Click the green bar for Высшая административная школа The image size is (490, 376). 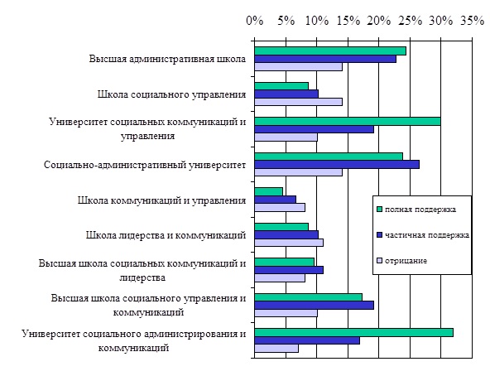330,51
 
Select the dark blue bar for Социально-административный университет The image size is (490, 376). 337,165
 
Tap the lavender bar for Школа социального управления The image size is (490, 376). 299,102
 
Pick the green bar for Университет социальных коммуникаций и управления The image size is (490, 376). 348,122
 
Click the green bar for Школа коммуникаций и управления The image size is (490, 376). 269,192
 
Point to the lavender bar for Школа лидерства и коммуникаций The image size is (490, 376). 289,243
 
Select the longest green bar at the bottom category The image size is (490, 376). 354,333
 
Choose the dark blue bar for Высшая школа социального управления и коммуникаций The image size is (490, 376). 315,306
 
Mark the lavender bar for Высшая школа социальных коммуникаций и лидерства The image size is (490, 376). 280,278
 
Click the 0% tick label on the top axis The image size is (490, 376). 255,21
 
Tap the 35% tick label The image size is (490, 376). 472,21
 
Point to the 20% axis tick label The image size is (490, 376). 379,21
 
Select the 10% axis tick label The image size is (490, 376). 317,21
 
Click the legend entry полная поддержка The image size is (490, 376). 416,210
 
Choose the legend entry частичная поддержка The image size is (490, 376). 423,235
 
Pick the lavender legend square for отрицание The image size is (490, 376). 380,261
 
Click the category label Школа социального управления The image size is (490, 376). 171,94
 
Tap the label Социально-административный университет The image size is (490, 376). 145,165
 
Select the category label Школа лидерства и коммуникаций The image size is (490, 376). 166,235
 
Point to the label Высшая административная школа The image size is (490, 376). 167,59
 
